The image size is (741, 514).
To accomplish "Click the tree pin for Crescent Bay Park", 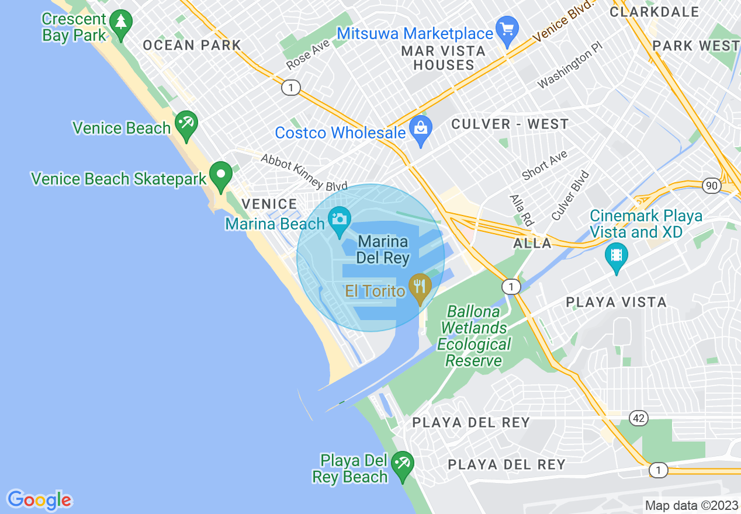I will click(121, 24).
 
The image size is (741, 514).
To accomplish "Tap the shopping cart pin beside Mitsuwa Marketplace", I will click(507, 29).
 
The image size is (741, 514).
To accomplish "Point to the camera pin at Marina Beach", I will click(339, 220).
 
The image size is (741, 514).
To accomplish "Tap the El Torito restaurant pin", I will click(419, 287).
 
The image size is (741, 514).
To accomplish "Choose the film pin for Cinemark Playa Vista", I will click(616, 256).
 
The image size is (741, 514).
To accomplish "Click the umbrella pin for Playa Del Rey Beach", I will click(402, 465).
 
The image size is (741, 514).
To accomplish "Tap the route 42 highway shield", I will click(639, 418).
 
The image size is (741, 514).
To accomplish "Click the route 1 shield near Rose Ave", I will click(290, 88).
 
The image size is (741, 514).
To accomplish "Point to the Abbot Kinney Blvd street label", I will click(304, 172).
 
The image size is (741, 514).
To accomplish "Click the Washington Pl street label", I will click(569, 70).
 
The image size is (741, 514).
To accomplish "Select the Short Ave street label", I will click(545, 165).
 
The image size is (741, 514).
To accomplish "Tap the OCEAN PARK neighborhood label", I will click(192, 45).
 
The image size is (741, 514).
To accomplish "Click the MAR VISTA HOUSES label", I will click(444, 58).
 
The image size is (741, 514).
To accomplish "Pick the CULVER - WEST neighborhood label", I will click(510, 124).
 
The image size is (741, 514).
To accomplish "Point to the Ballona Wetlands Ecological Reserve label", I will click(474, 336).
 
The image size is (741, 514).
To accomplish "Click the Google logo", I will click(39, 500).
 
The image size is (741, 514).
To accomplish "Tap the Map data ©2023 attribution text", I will click(690, 505).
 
